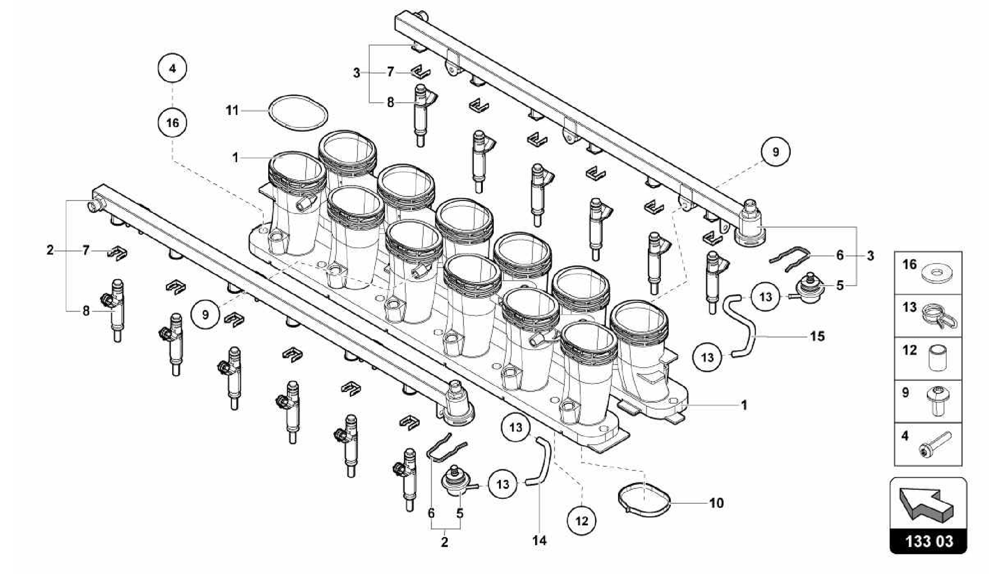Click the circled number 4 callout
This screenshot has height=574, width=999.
click(172, 68)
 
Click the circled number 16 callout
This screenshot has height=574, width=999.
click(172, 123)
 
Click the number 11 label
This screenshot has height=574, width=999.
click(232, 111)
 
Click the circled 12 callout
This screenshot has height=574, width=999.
click(581, 521)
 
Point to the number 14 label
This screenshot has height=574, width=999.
click(539, 540)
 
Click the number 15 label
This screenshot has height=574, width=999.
click(817, 336)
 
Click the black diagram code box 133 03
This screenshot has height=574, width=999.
click(928, 541)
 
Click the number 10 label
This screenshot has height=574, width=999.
click(716, 503)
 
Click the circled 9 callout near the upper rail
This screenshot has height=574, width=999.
click(776, 152)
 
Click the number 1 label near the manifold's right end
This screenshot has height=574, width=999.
click(744, 405)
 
